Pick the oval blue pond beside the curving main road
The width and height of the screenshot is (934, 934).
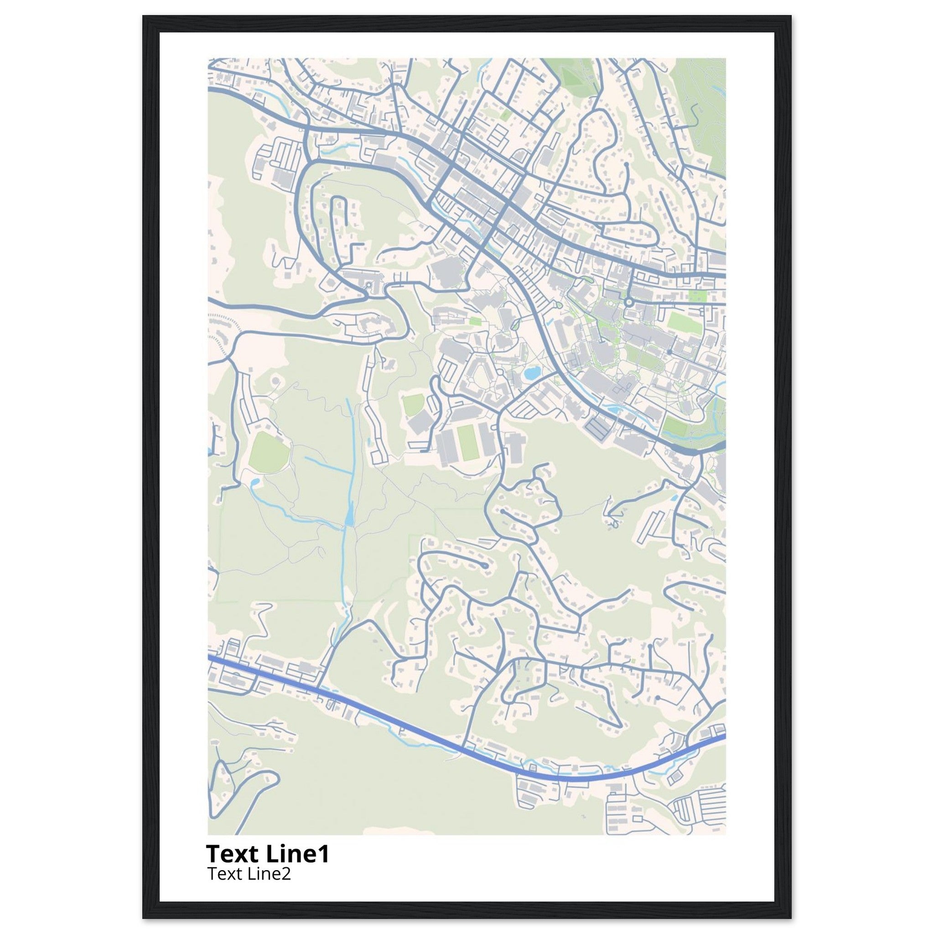point(531,373)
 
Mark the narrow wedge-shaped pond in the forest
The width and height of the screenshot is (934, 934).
point(349,515)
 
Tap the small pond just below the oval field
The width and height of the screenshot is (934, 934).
point(255,482)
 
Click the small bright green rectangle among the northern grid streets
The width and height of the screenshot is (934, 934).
point(506,115)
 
